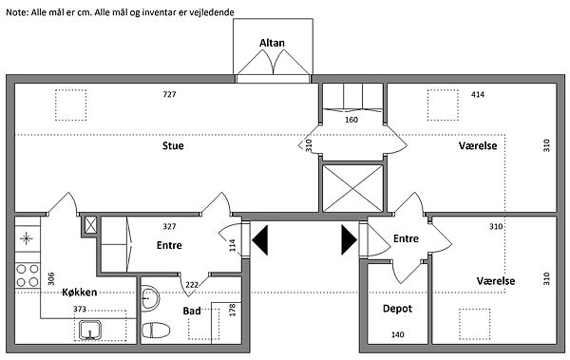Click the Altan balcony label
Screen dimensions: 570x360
[272, 43]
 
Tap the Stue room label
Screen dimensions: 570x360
[173, 146]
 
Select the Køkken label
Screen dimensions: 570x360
[80, 293]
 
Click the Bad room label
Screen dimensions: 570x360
[192, 311]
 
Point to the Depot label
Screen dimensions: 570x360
[397, 309]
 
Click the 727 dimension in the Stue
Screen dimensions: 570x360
[169, 95]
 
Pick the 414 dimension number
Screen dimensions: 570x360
[478, 95]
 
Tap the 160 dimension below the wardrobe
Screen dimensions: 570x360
[351, 120]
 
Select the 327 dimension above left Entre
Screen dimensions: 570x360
[169, 227]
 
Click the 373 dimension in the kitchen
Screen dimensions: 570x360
[80, 309]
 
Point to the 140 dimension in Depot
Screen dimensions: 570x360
[397, 334]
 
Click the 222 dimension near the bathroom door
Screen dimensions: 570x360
[192, 285]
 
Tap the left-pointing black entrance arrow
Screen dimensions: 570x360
[260, 240]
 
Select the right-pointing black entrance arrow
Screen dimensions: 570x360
[349, 240]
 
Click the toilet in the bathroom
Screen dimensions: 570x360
[156, 331]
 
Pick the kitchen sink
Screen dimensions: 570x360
[90, 330]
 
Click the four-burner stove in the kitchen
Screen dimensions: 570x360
[28, 275]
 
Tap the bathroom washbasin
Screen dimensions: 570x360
[150, 298]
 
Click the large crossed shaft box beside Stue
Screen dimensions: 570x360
[353, 188]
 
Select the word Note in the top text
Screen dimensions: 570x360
[16, 12]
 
